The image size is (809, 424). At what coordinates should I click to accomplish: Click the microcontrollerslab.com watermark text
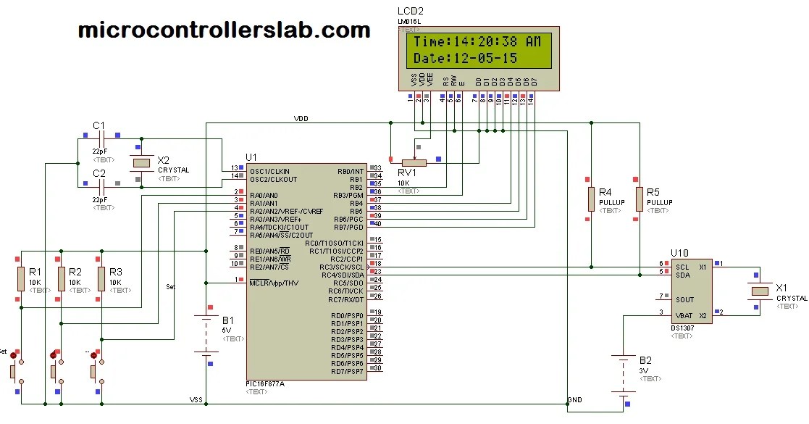[224, 30]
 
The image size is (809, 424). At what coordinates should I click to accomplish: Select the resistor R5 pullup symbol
[640, 199]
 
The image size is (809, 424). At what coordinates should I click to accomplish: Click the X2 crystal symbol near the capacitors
[142, 162]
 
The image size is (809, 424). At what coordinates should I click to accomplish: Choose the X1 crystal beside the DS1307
[760, 291]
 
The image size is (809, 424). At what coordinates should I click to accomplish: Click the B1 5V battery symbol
[206, 335]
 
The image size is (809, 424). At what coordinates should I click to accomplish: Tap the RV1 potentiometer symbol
[414, 162]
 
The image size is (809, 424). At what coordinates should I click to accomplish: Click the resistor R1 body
[21, 278]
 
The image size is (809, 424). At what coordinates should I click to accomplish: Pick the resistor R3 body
[101, 278]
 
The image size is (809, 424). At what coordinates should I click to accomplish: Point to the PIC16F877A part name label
[265, 383]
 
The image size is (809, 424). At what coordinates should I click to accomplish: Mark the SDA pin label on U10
[682, 275]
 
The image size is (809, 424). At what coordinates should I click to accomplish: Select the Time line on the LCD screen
[477, 42]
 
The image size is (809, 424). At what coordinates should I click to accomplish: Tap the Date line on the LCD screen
[465, 59]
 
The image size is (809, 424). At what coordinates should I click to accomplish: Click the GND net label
[574, 399]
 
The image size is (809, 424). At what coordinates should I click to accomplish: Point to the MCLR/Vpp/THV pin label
[272, 283]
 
